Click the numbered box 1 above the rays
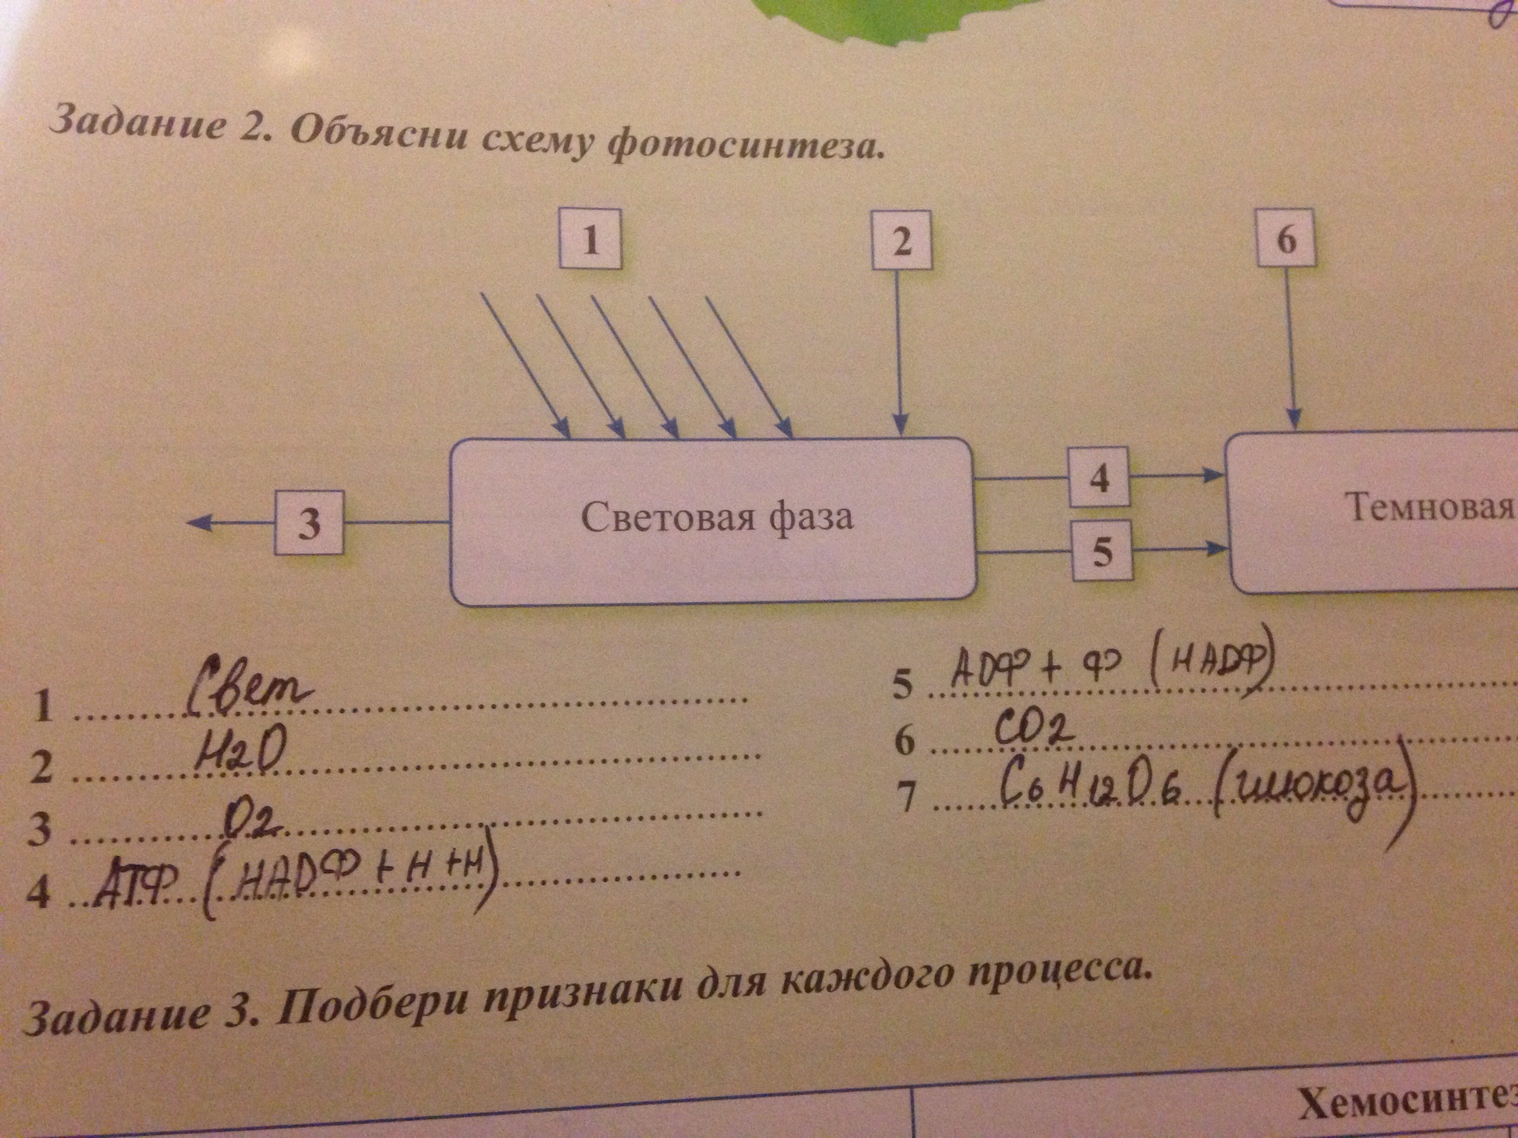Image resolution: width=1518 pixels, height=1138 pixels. point(590,239)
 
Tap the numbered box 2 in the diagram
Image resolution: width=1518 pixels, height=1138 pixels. point(902,240)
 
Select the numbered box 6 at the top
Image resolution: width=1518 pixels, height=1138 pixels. point(1286,238)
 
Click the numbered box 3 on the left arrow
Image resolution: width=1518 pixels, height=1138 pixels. point(309,523)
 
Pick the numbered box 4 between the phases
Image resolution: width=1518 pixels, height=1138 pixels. point(1099,477)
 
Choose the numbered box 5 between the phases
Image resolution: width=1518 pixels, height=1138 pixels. point(1101,551)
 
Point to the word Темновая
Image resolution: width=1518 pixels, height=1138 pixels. point(1431,508)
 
